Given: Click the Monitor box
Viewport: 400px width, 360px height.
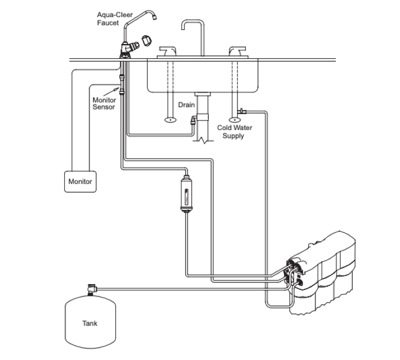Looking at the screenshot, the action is [80, 181].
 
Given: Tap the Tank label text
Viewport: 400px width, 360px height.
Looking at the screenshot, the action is [90, 324].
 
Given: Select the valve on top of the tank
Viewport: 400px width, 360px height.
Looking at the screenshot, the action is [92, 289].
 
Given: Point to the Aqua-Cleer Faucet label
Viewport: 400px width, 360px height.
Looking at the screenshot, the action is [115, 19].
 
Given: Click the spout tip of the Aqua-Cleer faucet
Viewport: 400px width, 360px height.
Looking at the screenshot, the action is [154, 17].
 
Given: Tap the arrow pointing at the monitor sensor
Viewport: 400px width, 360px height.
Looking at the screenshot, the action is [111, 92].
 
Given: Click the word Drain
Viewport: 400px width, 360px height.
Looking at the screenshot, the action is [186, 105].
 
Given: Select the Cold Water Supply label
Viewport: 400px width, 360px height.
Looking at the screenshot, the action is [235, 131].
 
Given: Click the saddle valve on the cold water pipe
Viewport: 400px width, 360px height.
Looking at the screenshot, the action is [241, 111].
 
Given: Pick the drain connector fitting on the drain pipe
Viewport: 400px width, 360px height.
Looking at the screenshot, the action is [194, 120].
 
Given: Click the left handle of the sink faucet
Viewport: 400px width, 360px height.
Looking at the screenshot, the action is [167, 51].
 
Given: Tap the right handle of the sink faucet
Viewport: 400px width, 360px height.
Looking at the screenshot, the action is [238, 51].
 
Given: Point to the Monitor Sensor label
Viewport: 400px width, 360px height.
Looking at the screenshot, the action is [104, 104].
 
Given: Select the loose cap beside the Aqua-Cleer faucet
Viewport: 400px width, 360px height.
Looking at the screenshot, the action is [146, 41].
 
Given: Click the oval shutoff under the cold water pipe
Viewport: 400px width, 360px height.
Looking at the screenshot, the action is [235, 119].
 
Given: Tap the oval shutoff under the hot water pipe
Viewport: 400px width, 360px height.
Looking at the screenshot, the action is [170, 119].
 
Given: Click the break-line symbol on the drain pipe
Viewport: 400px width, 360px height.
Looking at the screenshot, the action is [204, 140].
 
